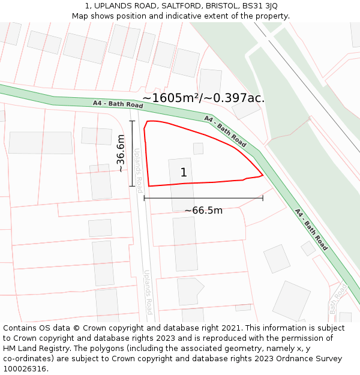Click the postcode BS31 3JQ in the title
pos(259,6)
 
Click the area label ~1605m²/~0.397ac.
pos(203,98)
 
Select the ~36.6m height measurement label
pos(121,154)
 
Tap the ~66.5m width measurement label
pos(203,211)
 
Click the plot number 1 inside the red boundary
pos(184,173)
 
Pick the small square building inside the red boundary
pos(198,148)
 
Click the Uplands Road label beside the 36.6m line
pos(139,166)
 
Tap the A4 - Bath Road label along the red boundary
pos(226,131)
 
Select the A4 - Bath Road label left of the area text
pos(118,104)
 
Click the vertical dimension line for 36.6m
pos(132,154)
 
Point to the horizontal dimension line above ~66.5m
pos(203,197)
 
